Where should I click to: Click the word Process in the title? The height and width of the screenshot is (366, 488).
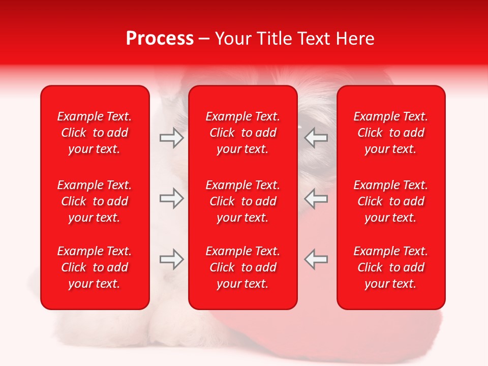[x=160, y=39]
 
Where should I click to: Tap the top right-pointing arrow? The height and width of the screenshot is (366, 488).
[x=172, y=138]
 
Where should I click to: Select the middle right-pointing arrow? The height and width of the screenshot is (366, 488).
[x=172, y=198]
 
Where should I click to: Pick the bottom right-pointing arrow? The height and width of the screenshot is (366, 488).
[x=172, y=259]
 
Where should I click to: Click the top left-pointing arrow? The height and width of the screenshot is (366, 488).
[x=316, y=138]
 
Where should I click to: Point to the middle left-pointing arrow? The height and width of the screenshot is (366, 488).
[x=316, y=198]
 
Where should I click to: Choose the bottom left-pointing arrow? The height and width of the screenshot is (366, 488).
[x=316, y=259]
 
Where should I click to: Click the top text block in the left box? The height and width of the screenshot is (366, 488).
[x=95, y=133]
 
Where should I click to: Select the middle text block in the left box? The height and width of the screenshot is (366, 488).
[x=95, y=201]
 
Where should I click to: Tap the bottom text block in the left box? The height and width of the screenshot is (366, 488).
[x=95, y=267]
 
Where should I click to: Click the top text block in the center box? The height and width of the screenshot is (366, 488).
[x=242, y=133]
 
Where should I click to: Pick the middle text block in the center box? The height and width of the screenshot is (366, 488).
[x=242, y=201]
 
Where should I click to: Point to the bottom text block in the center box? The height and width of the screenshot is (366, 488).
[x=242, y=267]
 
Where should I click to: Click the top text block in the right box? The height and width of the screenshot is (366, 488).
[x=390, y=133]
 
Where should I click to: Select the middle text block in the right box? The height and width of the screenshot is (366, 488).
[x=390, y=201]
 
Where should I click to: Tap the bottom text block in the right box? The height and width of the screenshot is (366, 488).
[x=390, y=267]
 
